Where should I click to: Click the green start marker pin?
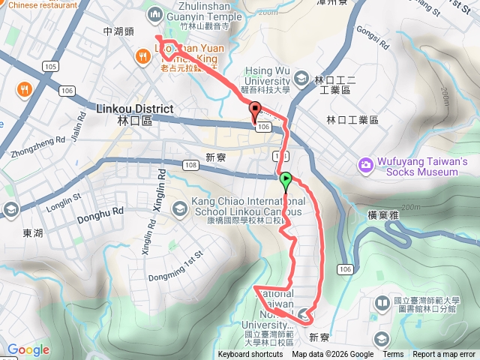tap(286, 180)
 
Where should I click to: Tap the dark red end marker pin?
tap(254, 109)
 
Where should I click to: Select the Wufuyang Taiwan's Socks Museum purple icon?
tap(365, 163)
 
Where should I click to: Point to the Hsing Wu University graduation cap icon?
tap(301, 77)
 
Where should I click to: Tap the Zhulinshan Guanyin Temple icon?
tap(155, 13)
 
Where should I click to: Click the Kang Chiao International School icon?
tap(179, 207)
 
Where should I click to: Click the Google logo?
tap(28, 349)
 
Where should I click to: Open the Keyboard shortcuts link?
tap(250, 355)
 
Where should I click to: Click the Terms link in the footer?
tap(393, 355)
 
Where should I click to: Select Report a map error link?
tap(444, 355)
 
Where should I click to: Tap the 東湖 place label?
tap(33, 233)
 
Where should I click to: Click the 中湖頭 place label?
tap(118, 31)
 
